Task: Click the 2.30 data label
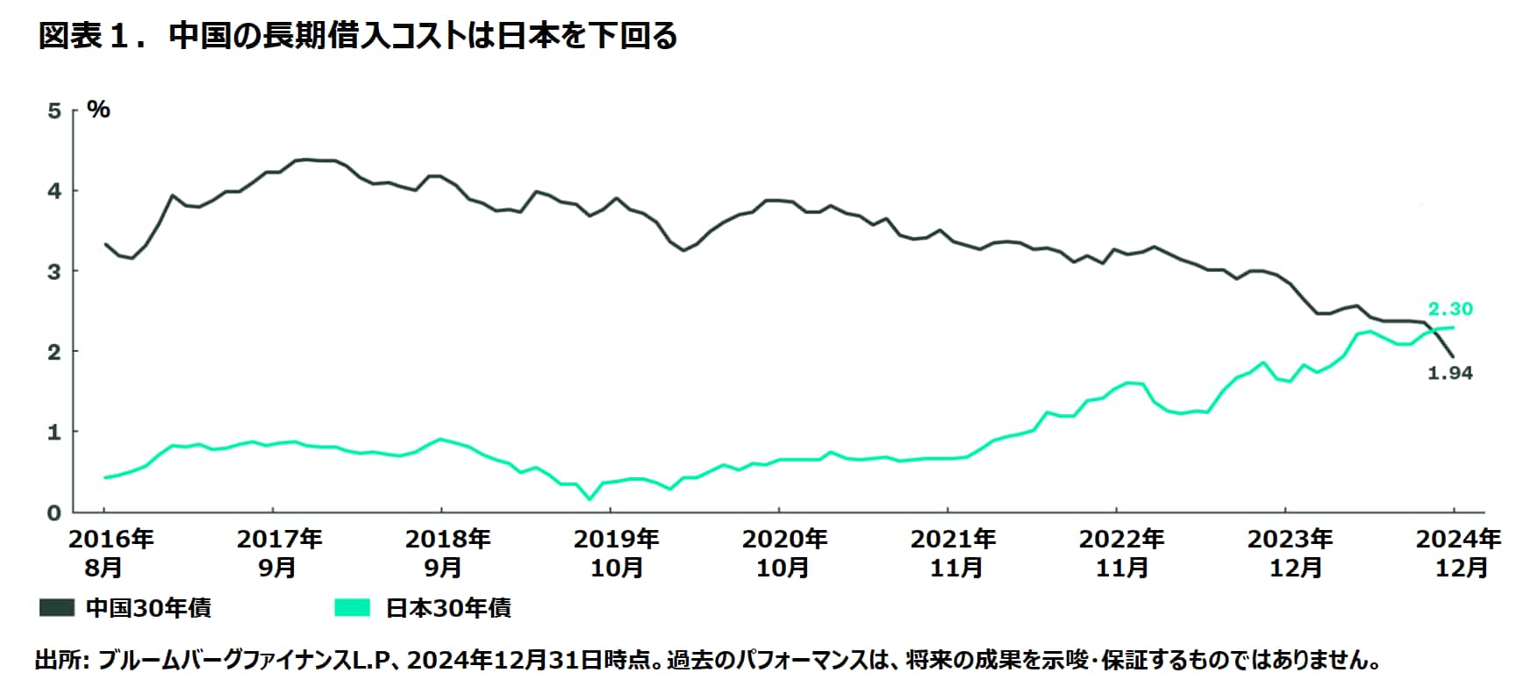pyautogui.click(x=1449, y=309)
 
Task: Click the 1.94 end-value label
pyautogui.click(x=1449, y=374)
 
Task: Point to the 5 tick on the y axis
pyautogui.click(x=55, y=111)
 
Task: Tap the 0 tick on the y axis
pyautogui.click(x=55, y=513)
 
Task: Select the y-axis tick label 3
pyautogui.click(x=55, y=272)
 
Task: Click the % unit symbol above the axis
pyautogui.click(x=99, y=110)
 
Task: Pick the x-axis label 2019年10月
pyautogui.click(x=616, y=554)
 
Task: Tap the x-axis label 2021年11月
pyautogui.click(x=953, y=554)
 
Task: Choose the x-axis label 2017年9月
pyautogui.click(x=279, y=554)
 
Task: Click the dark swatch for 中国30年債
pyautogui.click(x=57, y=608)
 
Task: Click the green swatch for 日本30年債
pyautogui.click(x=353, y=608)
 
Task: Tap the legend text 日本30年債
pyautogui.click(x=447, y=608)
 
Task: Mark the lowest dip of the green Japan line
pyautogui.click(x=590, y=499)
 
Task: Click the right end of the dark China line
pyautogui.click(x=1453, y=356)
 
